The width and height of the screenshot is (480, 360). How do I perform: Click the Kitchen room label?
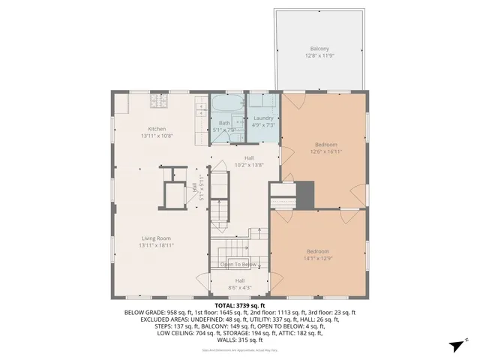[x=157, y=129]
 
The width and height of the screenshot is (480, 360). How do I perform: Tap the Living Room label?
[x=156, y=238]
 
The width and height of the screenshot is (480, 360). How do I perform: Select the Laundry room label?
[x=263, y=118]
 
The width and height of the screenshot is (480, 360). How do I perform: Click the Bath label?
[x=224, y=123]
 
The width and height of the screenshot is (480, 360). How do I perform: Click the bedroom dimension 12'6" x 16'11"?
[x=325, y=151]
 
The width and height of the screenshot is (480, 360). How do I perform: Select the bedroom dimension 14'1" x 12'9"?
[x=317, y=258]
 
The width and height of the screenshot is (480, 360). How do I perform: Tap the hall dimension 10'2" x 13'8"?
[x=249, y=164]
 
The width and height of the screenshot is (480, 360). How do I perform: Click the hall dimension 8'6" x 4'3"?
[x=238, y=286]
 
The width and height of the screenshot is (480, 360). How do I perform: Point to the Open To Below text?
[x=238, y=265]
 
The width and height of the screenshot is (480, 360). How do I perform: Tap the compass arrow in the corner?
[x=454, y=345]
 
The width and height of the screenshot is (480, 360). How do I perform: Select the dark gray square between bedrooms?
[x=305, y=195]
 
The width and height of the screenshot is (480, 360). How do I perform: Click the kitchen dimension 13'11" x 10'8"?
[x=157, y=136]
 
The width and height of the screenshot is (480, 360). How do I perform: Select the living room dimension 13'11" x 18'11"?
[x=156, y=245]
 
